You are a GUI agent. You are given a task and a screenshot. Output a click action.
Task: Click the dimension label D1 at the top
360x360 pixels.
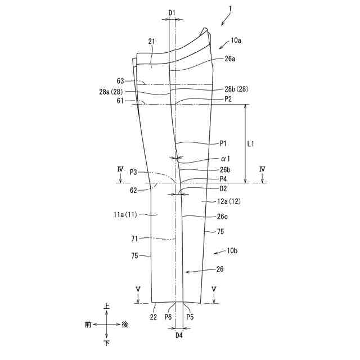pyautogui.click(x=172, y=12)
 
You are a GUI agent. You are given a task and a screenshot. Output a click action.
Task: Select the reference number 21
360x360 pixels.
pyautogui.click(x=151, y=41)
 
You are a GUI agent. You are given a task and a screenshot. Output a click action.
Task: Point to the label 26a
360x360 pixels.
pyautogui.click(x=230, y=58)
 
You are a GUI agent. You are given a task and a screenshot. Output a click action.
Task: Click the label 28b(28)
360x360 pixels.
pyautogui.click(x=237, y=89)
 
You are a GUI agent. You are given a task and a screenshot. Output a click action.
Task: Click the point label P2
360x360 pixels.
pyautogui.click(x=228, y=98)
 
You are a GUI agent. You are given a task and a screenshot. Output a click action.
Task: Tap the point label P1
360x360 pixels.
pyautogui.click(x=223, y=143)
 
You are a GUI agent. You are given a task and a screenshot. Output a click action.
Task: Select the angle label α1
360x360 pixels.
pyautogui.click(x=226, y=159)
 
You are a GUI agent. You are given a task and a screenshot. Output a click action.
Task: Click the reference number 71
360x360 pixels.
pyautogui.click(x=134, y=239)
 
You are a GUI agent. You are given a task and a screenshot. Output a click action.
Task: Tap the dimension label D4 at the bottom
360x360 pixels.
pyautogui.click(x=179, y=335)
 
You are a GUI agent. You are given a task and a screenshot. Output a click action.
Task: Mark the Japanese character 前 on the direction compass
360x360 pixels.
pyautogui.click(x=88, y=325)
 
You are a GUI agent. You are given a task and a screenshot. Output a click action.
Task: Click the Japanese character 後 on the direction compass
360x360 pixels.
pyautogui.click(x=125, y=325)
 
